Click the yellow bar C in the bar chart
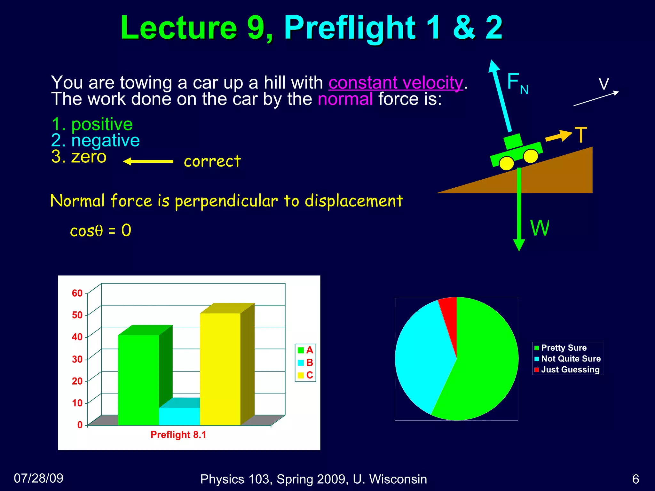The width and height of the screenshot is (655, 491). [x=220, y=368]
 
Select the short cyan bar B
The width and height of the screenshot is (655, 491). [x=179, y=416]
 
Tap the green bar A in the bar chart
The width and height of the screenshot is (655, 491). [x=138, y=380]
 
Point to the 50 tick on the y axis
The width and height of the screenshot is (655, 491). [x=77, y=315]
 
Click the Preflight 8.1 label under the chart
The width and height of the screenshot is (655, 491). [x=178, y=435]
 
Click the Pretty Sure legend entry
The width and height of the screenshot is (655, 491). [x=564, y=348]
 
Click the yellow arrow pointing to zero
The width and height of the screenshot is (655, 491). [x=148, y=161]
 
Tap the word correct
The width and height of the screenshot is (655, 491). [x=212, y=161]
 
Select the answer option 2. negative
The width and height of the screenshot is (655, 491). [x=95, y=140]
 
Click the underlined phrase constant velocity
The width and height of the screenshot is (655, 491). [x=396, y=83]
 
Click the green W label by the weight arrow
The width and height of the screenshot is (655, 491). [x=539, y=228]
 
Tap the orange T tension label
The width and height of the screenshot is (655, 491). [x=580, y=135]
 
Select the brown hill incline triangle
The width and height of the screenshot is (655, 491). [x=550, y=177]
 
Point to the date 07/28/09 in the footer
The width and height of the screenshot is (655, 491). [x=39, y=478]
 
